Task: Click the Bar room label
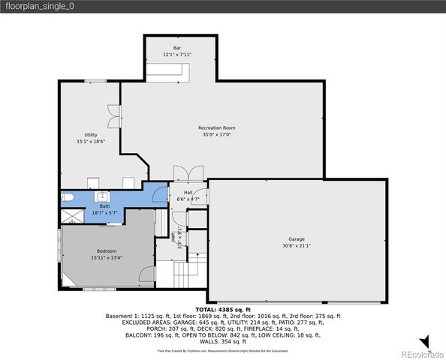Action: tap(177, 48)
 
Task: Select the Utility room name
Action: tap(90, 134)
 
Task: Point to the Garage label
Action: tap(297, 238)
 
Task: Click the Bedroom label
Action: tap(106, 250)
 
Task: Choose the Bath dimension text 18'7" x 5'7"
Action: tap(104, 213)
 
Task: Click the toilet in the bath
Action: tap(67, 198)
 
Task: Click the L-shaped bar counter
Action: tap(167, 70)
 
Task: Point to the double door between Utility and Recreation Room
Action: tap(113, 115)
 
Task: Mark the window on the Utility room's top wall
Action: tap(95, 80)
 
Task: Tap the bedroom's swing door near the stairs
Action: tap(147, 273)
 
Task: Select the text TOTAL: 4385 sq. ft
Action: tap(222, 309)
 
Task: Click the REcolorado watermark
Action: tap(422, 354)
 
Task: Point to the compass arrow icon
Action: tap(424, 342)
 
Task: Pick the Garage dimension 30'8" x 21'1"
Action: tap(297, 245)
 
